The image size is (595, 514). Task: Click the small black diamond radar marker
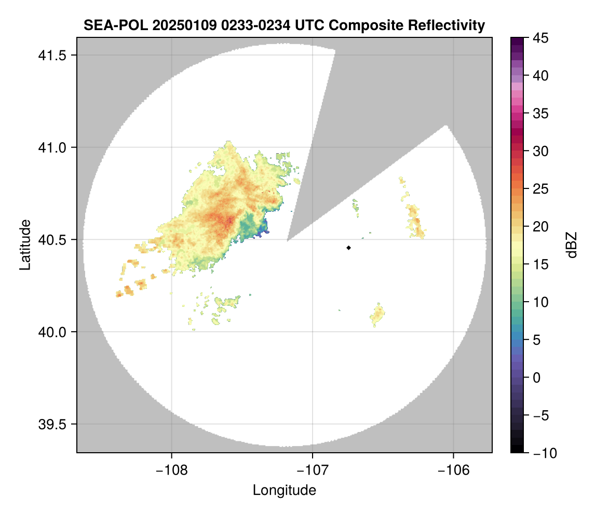pos(348,248)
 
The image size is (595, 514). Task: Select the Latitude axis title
pos(25,245)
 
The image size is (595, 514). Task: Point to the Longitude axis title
pos(284,490)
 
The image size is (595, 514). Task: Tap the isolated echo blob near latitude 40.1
pos(378,314)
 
